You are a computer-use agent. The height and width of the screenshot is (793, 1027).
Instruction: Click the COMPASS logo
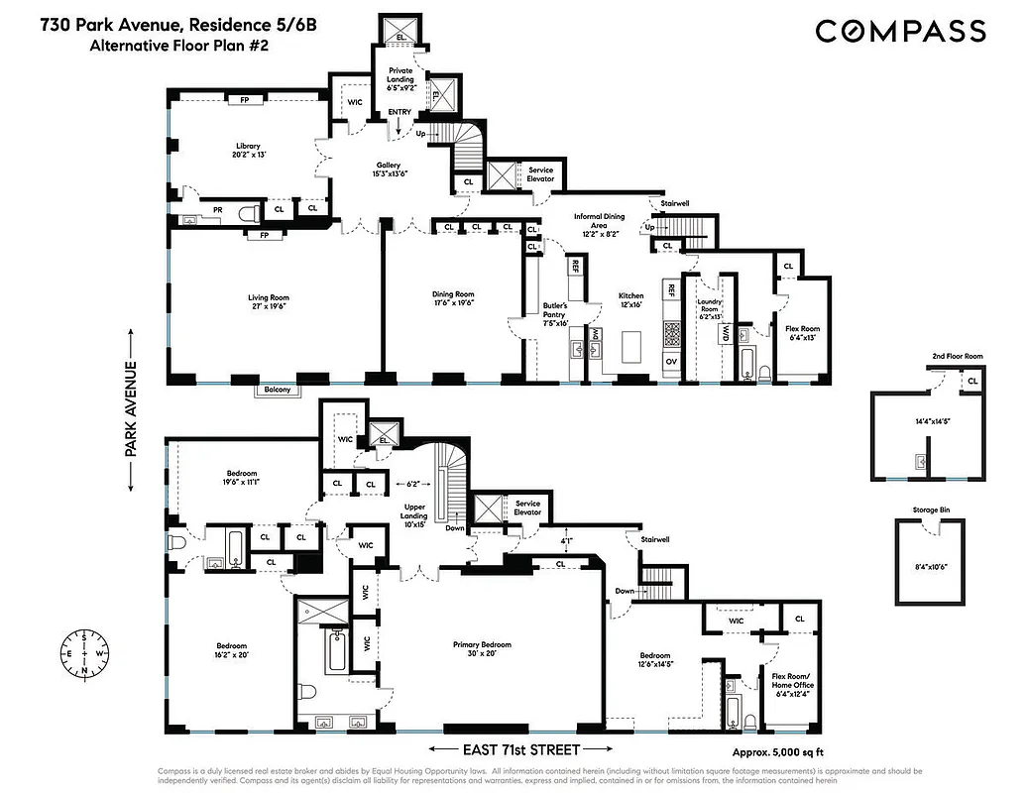coord(900,32)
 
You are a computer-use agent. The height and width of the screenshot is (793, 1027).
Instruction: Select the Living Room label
coord(268,296)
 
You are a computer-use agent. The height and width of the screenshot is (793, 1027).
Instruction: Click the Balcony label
coord(277,390)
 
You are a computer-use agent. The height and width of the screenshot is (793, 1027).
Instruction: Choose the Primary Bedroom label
coord(483,645)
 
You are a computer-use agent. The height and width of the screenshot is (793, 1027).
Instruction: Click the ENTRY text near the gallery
coord(399,112)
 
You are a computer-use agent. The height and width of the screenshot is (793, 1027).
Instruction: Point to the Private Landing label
coord(401,73)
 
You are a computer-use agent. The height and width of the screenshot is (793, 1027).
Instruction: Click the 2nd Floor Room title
coord(957,356)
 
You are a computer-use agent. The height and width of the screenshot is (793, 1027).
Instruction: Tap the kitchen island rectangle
coord(632,347)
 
